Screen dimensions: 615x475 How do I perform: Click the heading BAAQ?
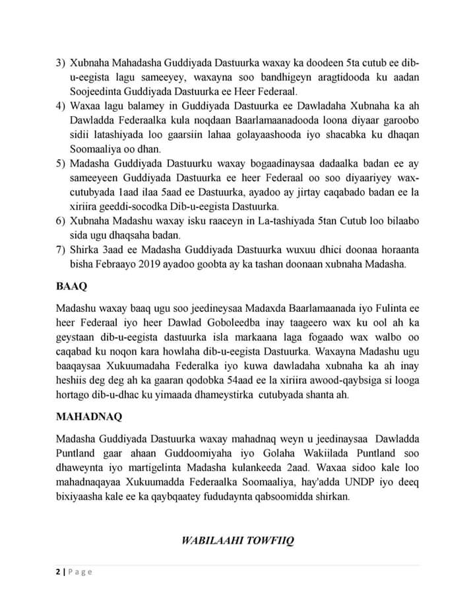[71, 288]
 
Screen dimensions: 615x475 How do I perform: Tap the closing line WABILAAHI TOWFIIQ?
[237, 541]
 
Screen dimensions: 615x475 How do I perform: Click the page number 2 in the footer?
[58, 571]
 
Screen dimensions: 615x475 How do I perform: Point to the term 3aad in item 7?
[108, 249]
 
